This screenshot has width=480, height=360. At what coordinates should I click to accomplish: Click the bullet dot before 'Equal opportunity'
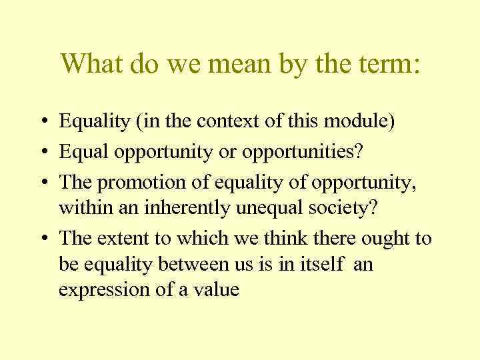coord(41,152)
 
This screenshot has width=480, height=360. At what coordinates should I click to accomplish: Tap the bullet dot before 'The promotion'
coord(41,181)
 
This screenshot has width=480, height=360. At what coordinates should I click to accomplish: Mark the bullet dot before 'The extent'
coord(41,239)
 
